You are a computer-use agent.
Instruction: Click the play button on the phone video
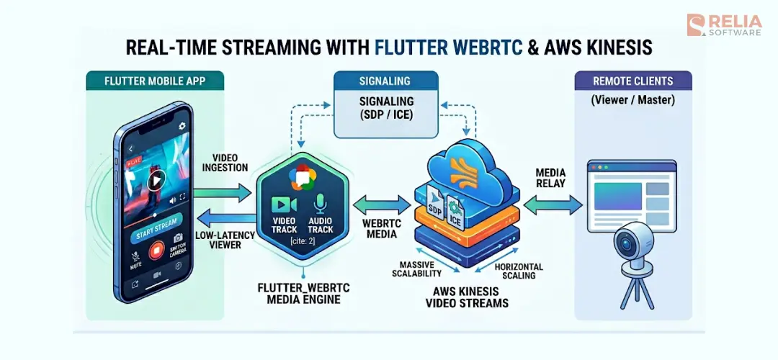pos(156,179)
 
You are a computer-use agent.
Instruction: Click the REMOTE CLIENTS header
pos(632,81)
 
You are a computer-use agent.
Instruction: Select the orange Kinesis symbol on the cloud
pos(460,172)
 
